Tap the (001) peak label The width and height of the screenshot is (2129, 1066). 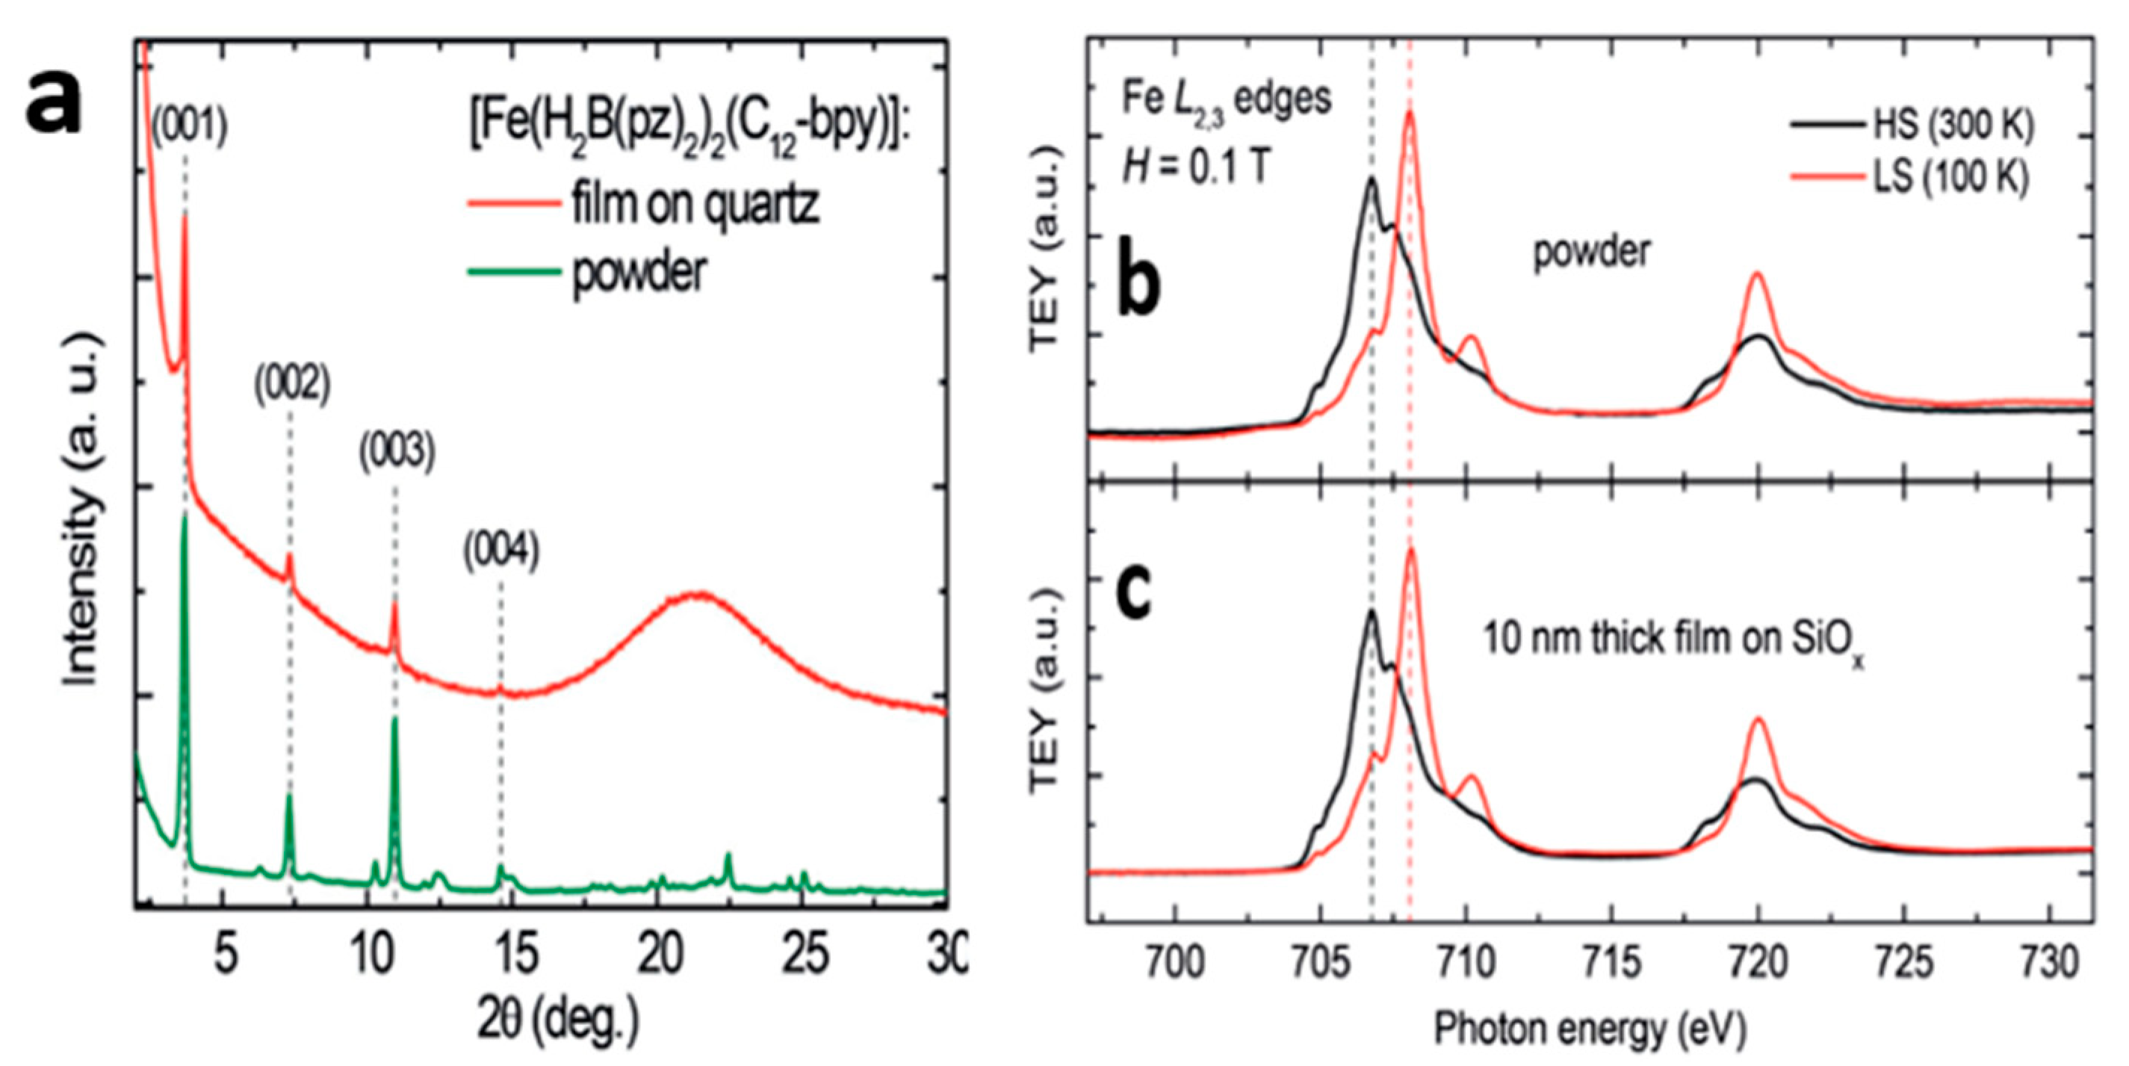pos(189,128)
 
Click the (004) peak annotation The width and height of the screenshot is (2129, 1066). pos(501,551)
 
